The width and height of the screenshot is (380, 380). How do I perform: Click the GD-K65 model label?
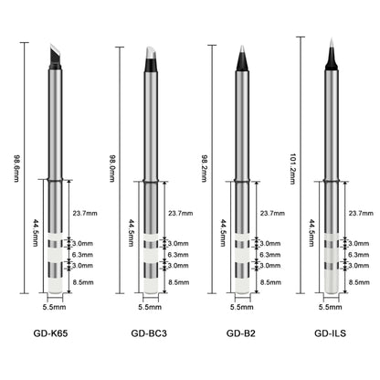(x=50, y=333)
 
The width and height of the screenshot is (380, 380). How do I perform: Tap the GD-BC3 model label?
(x=149, y=333)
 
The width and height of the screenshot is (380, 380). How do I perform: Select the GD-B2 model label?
(x=241, y=333)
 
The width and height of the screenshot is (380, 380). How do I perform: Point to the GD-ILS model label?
(x=330, y=333)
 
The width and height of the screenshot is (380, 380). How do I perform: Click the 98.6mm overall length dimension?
(x=16, y=168)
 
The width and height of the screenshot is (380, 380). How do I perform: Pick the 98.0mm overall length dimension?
(x=112, y=168)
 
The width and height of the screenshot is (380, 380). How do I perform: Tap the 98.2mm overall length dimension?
(x=205, y=168)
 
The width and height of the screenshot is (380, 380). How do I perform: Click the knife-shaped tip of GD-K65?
(x=56, y=56)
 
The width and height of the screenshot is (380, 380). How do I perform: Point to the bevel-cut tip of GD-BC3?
(x=151, y=59)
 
